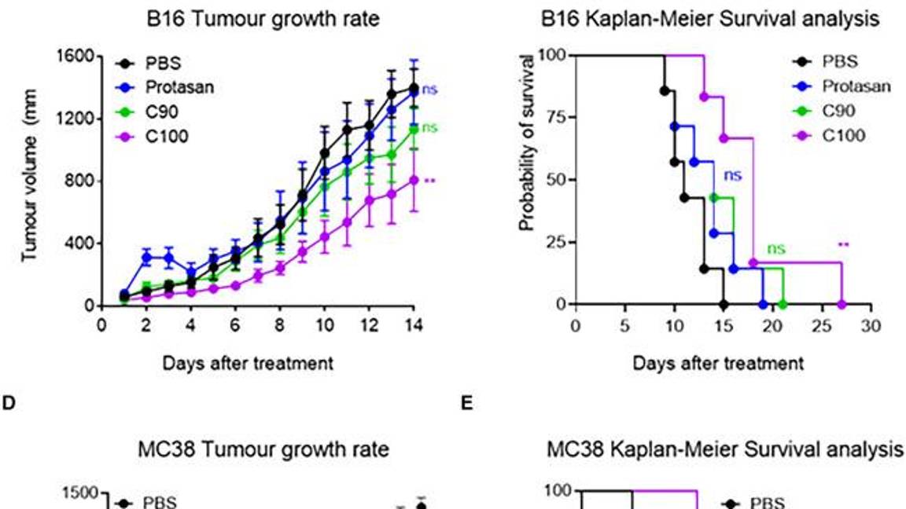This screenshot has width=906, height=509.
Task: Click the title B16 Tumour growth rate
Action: click(x=263, y=20)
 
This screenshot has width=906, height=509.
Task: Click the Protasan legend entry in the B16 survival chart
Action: click(x=856, y=86)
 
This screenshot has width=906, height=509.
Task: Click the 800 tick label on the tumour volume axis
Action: click(x=80, y=181)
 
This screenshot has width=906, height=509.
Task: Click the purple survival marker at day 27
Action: click(x=842, y=304)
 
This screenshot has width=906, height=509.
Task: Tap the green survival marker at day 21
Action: click(x=783, y=304)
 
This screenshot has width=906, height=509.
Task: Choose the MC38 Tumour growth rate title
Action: click(x=263, y=450)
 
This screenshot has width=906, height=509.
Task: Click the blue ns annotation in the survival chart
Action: click(x=733, y=175)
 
